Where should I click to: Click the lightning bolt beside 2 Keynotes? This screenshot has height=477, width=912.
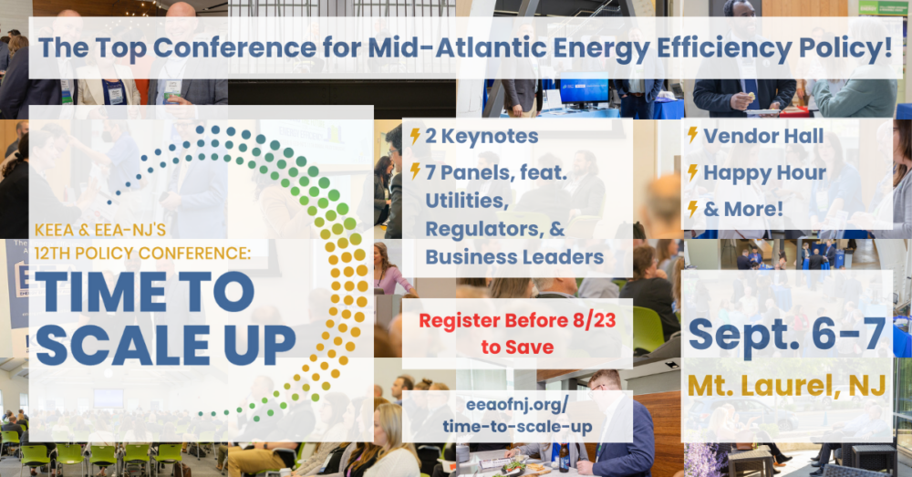point(415,136)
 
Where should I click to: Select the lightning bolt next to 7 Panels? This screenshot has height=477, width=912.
point(415,171)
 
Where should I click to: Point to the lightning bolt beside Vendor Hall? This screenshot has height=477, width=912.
point(693,135)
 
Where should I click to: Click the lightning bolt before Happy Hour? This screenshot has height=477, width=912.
point(693,172)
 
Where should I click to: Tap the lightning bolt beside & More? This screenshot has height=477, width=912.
point(693,208)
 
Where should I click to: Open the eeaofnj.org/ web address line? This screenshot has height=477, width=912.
point(517,404)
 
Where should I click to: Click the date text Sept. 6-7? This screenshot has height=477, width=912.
point(786,334)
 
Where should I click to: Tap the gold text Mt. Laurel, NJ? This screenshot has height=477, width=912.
point(787,386)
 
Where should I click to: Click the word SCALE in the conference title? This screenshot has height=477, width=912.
point(122,345)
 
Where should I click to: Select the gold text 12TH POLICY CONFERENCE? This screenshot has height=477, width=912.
point(142,253)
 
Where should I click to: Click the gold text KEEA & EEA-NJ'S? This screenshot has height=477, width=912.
point(100,230)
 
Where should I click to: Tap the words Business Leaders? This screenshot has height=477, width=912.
point(514,257)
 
